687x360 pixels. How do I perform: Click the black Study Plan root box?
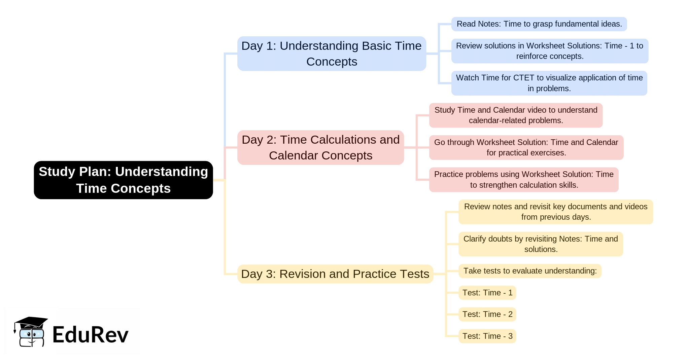(x=123, y=180)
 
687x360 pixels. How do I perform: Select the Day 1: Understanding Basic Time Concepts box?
(x=332, y=53)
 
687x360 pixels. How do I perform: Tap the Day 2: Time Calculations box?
(x=320, y=147)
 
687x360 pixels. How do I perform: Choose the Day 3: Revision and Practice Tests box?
(x=335, y=274)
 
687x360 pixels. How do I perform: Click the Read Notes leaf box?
(x=539, y=24)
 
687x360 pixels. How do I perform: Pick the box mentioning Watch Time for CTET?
(x=549, y=83)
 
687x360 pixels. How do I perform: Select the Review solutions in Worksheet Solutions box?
(x=549, y=51)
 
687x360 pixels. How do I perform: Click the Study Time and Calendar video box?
(x=516, y=115)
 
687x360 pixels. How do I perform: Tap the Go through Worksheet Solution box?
(x=526, y=147)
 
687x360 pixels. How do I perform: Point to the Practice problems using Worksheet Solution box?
(x=524, y=180)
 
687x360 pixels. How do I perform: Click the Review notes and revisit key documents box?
(x=555, y=212)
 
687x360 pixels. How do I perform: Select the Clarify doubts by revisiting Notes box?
(x=541, y=244)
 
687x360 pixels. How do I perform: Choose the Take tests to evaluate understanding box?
(x=530, y=271)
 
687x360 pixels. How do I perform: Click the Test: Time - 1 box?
(x=487, y=293)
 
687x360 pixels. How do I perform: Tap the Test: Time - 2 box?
(x=487, y=314)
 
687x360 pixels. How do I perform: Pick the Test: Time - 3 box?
(x=487, y=336)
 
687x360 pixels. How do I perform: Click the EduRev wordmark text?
(x=90, y=335)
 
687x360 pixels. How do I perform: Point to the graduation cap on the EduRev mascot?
(x=31, y=322)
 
